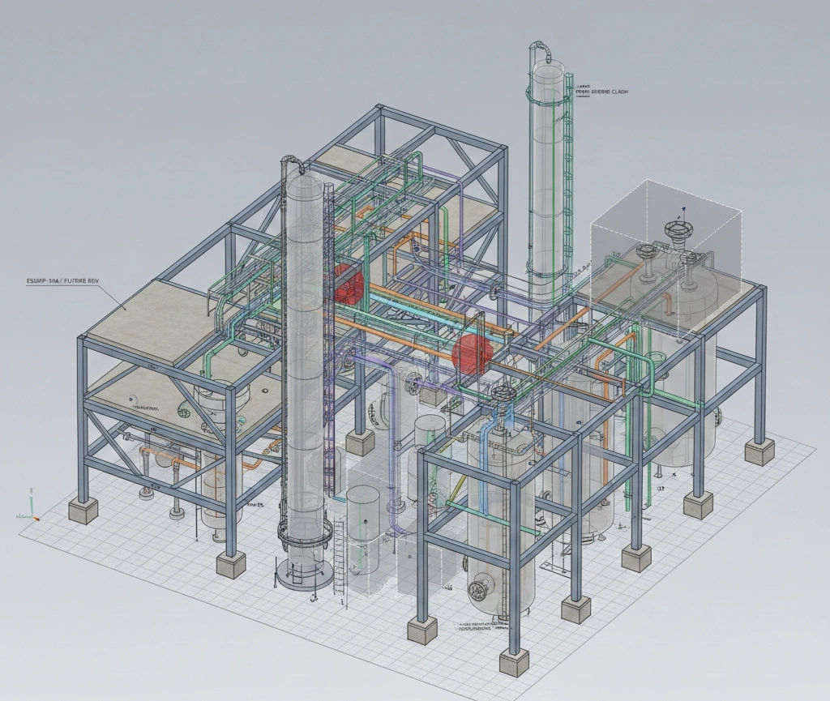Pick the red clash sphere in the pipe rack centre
coord(468,354)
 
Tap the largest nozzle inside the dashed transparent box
coord(675,230)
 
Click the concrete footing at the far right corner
coord(760,451)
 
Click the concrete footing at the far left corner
coord(83,510)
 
